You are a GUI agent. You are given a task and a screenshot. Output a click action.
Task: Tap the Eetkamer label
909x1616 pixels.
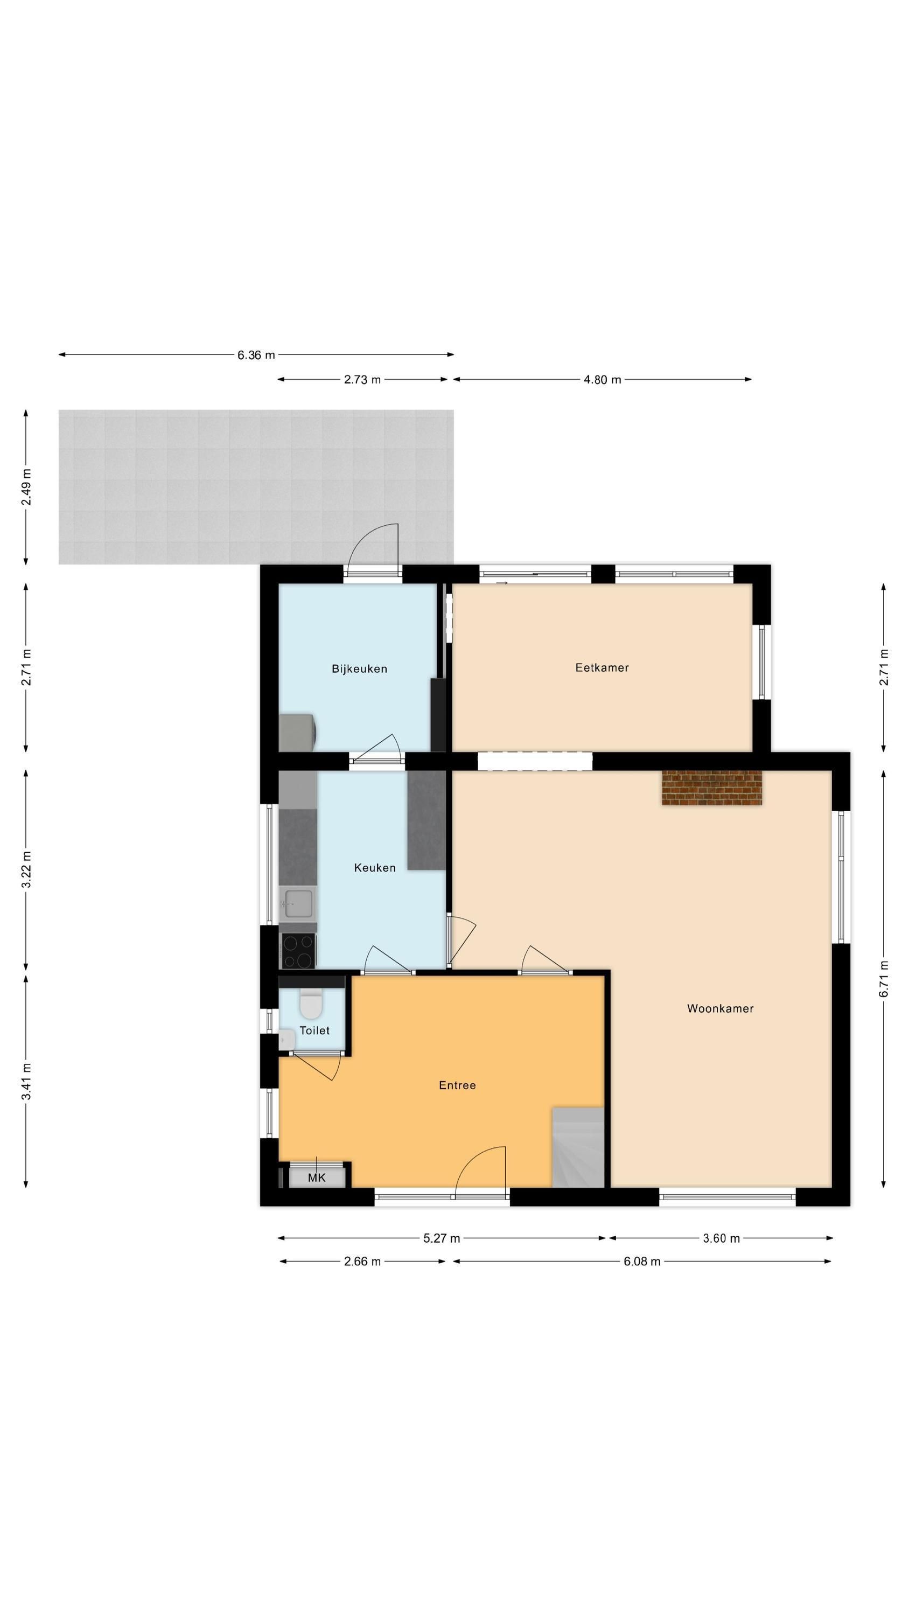(x=602, y=667)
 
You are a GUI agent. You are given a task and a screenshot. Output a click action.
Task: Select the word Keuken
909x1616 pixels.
(x=374, y=868)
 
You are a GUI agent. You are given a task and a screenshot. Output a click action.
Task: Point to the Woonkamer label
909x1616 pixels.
(x=720, y=1008)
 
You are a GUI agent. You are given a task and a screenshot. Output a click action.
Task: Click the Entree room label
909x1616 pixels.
(x=457, y=1085)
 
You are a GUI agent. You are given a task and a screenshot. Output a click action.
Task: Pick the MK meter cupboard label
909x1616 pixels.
(x=317, y=1177)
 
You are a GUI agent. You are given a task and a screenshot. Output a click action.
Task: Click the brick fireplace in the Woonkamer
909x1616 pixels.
(x=711, y=788)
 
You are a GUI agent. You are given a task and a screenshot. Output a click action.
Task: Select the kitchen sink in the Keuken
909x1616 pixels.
(x=298, y=904)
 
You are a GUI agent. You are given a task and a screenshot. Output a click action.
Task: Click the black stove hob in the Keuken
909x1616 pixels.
(x=298, y=951)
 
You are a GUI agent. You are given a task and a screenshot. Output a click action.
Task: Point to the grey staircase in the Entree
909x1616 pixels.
(x=578, y=1147)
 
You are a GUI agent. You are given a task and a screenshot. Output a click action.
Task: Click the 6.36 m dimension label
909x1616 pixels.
(x=256, y=355)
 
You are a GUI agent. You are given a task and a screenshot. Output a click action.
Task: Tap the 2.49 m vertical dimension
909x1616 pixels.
(x=26, y=487)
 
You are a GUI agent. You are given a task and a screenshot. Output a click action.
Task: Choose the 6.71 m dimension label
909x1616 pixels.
(x=884, y=978)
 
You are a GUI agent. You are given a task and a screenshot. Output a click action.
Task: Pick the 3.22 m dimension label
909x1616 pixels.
(x=26, y=869)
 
